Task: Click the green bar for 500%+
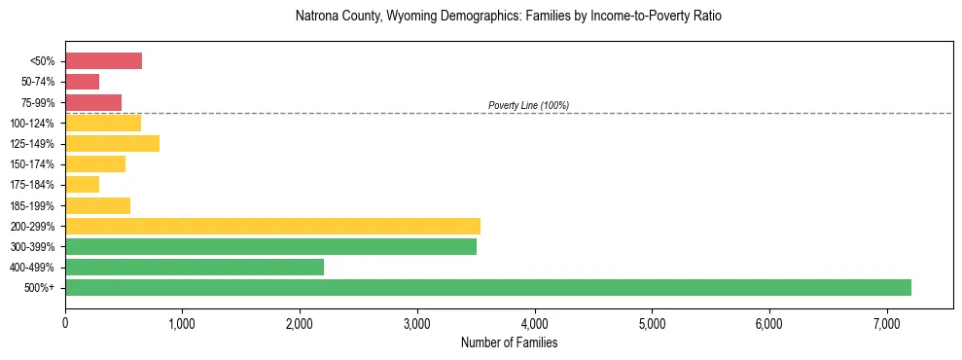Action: (x=487, y=287)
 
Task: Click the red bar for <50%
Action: (x=103, y=61)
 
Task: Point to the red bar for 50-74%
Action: (x=82, y=82)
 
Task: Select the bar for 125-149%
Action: (x=112, y=144)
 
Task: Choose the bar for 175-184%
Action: (x=82, y=185)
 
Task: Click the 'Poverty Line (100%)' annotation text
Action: (x=528, y=105)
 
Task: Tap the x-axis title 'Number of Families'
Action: (x=509, y=343)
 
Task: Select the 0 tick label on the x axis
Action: (x=65, y=324)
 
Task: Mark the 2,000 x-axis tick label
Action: (x=300, y=324)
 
